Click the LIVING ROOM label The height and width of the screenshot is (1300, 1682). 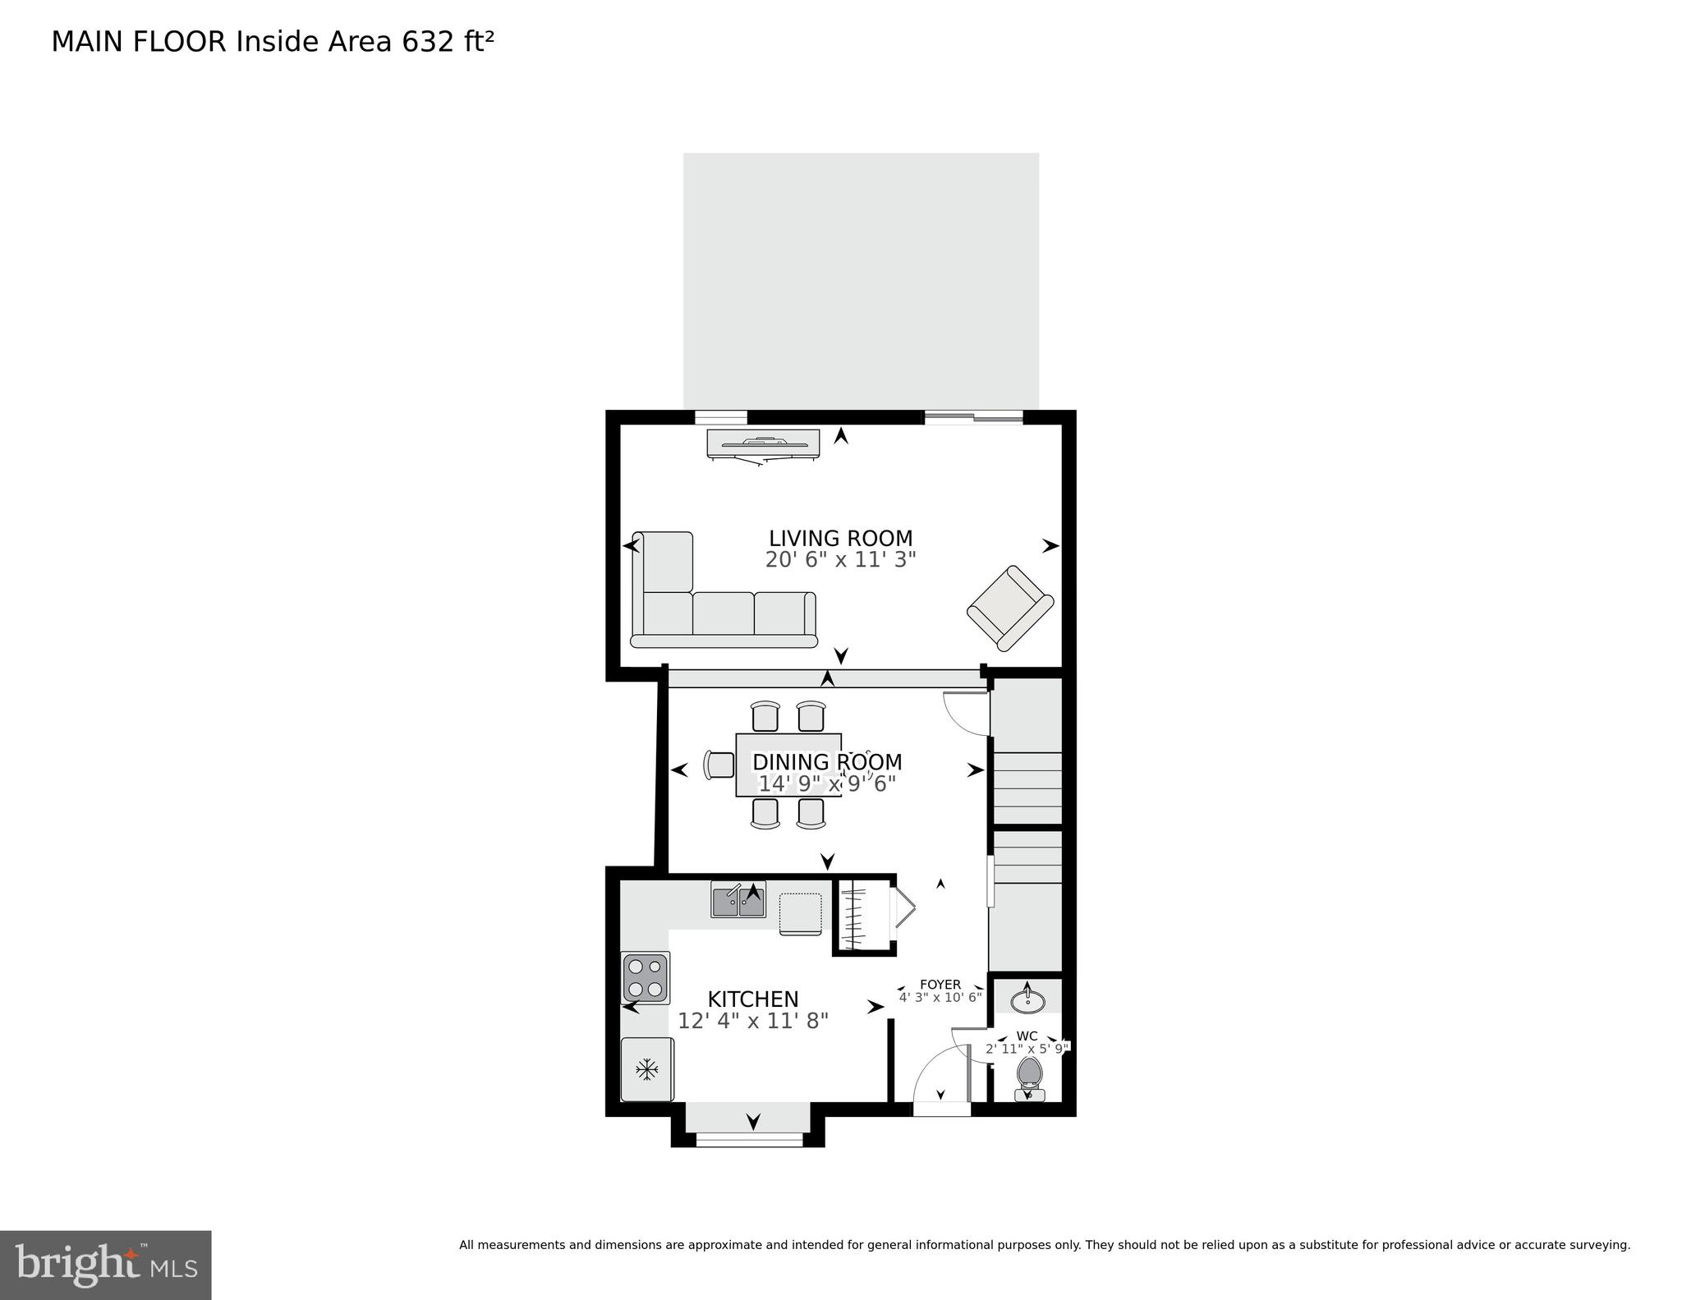click(840, 539)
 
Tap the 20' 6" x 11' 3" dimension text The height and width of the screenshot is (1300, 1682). click(840, 560)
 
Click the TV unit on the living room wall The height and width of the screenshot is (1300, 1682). click(763, 443)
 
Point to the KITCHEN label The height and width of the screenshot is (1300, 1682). click(752, 999)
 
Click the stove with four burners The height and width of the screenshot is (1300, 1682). click(646, 977)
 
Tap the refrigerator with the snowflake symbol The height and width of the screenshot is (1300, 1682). click(647, 1069)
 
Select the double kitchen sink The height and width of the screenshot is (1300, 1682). click(738, 901)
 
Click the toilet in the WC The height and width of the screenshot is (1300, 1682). click(1029, 1075)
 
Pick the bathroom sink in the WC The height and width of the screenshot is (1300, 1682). click(1027, 1001)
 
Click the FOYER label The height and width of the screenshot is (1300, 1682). click(940, 985)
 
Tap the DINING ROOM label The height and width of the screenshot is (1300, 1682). click(827, 762)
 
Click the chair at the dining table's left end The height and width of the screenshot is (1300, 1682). click(719, 765)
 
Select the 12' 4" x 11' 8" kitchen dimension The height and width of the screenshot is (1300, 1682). click(752, 1021)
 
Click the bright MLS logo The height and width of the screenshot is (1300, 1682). click(106, 1265)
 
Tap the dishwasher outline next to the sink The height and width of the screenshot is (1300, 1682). click(800, 913)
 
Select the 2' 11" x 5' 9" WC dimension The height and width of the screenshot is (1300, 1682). click(1027, 1049)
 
